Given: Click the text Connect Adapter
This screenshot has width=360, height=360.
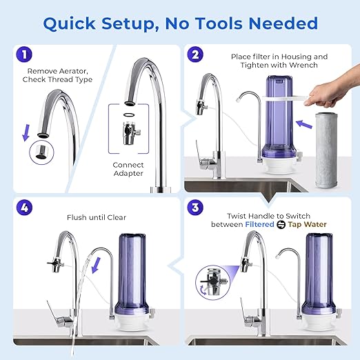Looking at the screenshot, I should click(129, 169).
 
